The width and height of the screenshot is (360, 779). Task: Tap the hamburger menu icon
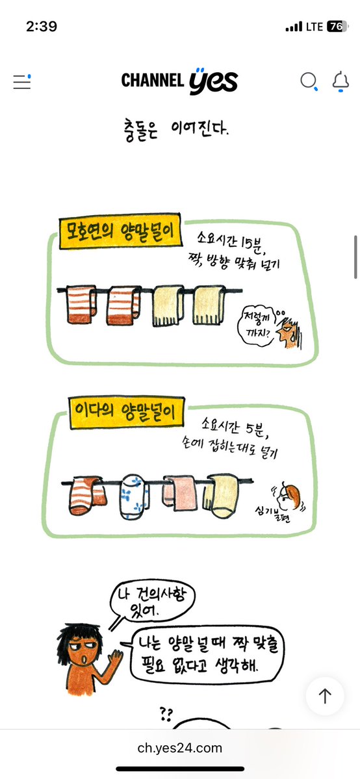pyautogui.click(x=22, y=82)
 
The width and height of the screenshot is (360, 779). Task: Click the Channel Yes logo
pyautogui.click(x=179, y=81)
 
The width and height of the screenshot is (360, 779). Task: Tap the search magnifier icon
pyautogui.click(x=309, y=81)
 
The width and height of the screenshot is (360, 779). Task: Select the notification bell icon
pyautogui.click(x=341, y=81)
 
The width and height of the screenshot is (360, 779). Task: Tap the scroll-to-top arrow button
pyautogui.click(x=325, y=696)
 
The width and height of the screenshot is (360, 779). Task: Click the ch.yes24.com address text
pyautogui.click(x=180, y=748)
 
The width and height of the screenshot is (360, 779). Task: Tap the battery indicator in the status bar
pyautogui.click(x=335, y=27)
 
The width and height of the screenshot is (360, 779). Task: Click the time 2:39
pyautogui.click(x=42, y=27)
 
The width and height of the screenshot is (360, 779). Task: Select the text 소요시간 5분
pyautogui.click(x=235, y=427)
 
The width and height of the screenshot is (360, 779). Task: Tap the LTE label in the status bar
pyautogui.click(x=315, y=27)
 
